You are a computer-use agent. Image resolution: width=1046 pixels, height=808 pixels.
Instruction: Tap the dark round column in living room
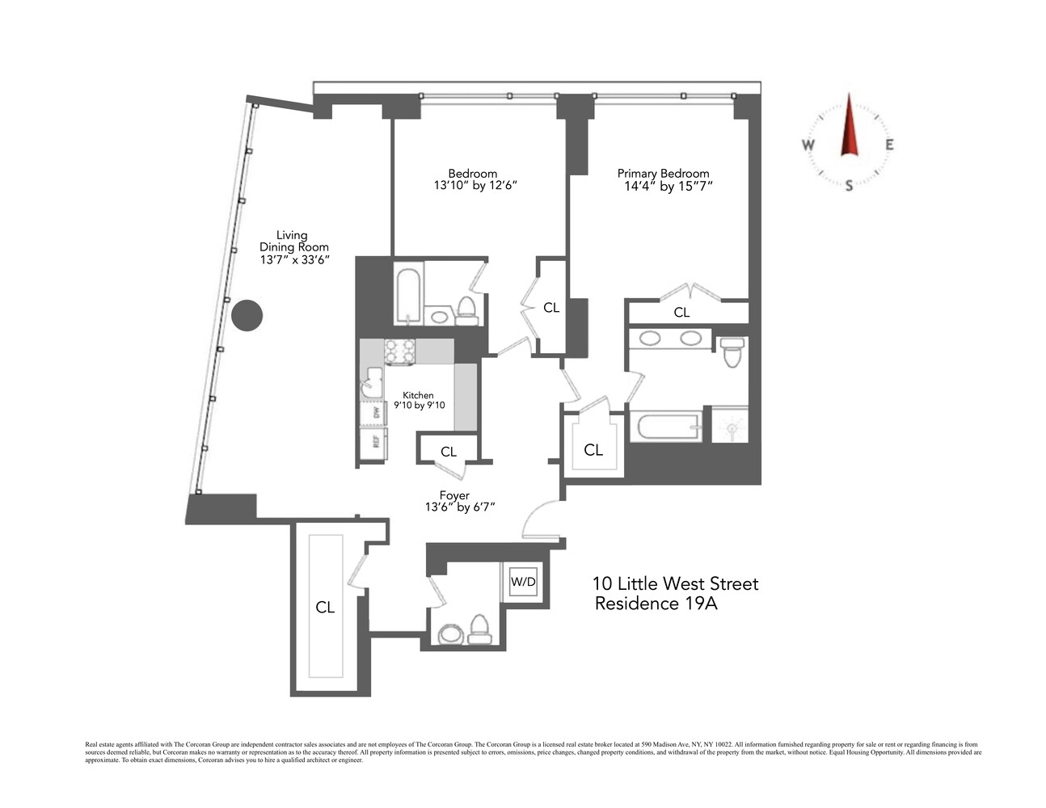click(247, 315)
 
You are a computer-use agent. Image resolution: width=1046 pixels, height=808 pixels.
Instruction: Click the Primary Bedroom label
click(663, 174)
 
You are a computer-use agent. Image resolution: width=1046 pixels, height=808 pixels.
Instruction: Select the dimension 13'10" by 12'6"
click(474, 186)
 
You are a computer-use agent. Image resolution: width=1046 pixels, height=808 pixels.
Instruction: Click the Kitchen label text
click(418, 395)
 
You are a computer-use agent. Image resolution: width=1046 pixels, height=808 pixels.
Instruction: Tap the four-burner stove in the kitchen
click(399, 351)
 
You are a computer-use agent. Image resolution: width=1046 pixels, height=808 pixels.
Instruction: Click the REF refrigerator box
click(375, 441)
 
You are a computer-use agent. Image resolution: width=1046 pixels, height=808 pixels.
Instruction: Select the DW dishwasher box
click(375, 413)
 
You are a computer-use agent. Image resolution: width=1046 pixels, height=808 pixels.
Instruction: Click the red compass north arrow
click(849, 126)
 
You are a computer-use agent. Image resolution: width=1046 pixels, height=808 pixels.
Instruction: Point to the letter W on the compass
click(808, 145)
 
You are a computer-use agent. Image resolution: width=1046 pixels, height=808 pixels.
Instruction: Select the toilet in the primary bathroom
click(732, 352)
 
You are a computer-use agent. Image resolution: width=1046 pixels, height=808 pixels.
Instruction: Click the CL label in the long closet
click(325, 608)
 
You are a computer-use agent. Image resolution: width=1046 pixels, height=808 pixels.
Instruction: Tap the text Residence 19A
click(656, 604)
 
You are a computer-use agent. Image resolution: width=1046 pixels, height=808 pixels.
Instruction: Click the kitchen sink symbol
click(373, 381)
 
